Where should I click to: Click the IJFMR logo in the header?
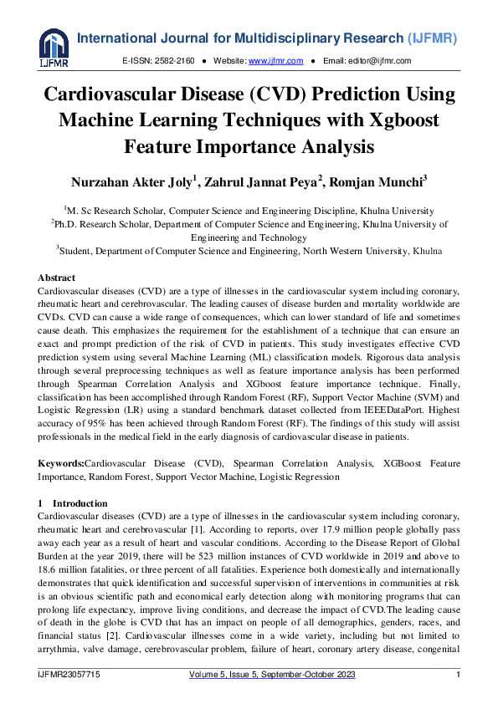[54, 47]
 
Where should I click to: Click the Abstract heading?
[56, 278]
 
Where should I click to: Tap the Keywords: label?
[61, 462]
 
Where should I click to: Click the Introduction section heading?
[80, 503]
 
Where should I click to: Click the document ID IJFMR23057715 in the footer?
[71, 674]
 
